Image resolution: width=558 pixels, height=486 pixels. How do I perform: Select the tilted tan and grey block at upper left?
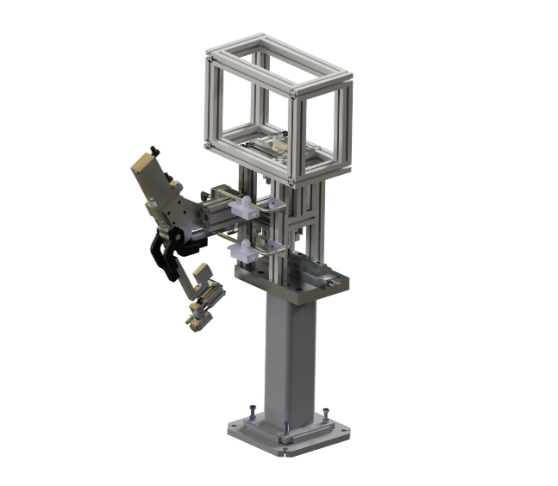point(154,185)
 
